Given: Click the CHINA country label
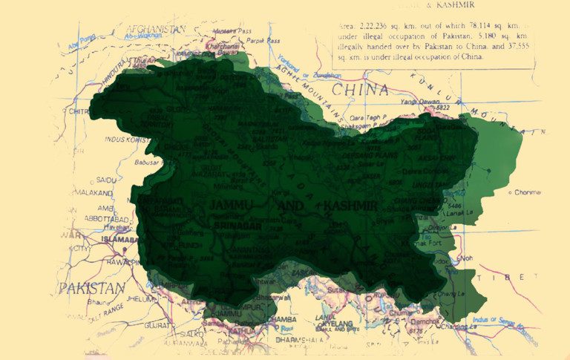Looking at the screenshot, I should pyautogui.click(x=360, y=91).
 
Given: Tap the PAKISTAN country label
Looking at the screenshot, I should pyautogui.click(x=92, y=288).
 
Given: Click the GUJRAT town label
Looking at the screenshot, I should pyautogui.click(x=157, y=325).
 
